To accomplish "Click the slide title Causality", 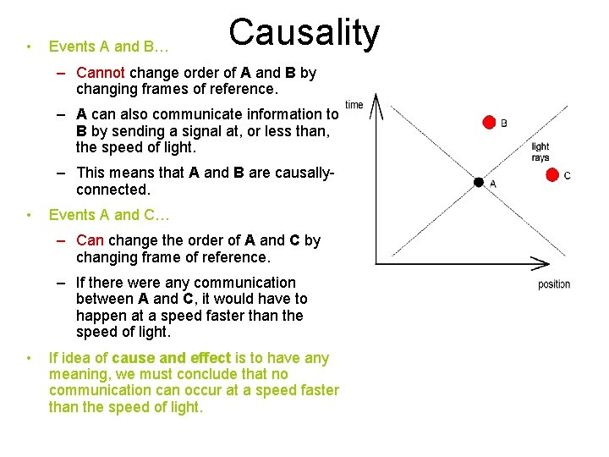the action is click(x=304, y=33).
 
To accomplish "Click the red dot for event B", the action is click(x=489, y=123).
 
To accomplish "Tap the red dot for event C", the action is click(x=552, y=175).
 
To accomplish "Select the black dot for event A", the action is click(x=479, y=182).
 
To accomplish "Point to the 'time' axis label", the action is click(x=354, y=105).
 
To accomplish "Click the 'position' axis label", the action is click(x=554, y=284).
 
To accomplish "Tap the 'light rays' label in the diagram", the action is click(x=540, y=152).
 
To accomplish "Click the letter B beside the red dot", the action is click(x=504, y=124).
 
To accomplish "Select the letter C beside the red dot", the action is click(x=567, y=176).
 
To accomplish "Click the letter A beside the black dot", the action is click(x=493, y=184).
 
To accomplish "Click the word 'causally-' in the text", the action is click(x=301, y=173).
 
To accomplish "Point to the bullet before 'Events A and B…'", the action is click(x=29, y=46).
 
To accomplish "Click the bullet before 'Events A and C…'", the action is click(x=29, y=215).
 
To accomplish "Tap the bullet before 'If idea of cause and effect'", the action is click(x=29, y=358).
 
